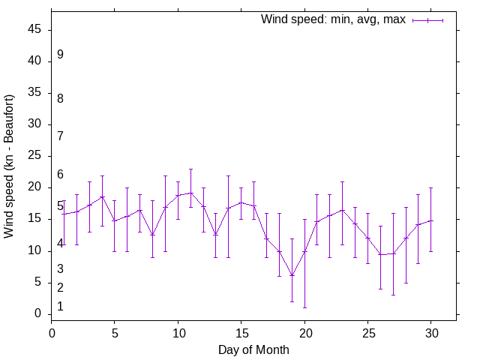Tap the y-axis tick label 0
pyautogui.click(x=40, y=313)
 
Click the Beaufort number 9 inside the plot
pyautogui.click(x=60, y=55)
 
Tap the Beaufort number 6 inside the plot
pyautogui.click(x=60, y=175)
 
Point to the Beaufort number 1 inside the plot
pyautogui.click(x=60, y=306)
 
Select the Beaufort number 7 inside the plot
pyautogui.click(x=60, y=136)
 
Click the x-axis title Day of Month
pyautogui.click(x=253, y=349)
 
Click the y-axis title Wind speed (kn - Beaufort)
pyautogui.click(x=10, y=166)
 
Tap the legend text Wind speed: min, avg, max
pyautogui.click(x=333, y=19)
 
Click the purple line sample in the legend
pyautogui.click(x=427, y=20)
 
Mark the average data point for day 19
pyautogui.click(x=292, y=275)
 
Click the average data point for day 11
pyautogui.click(x=190, y=193)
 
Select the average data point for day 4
pyautogui.click(x=102, y=196)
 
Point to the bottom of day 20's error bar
pyautogui.click(x=304, y=307)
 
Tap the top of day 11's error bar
pyautogui.click(x=190, y=169)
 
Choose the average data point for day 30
pyautogui.click(x=430, y=220)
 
